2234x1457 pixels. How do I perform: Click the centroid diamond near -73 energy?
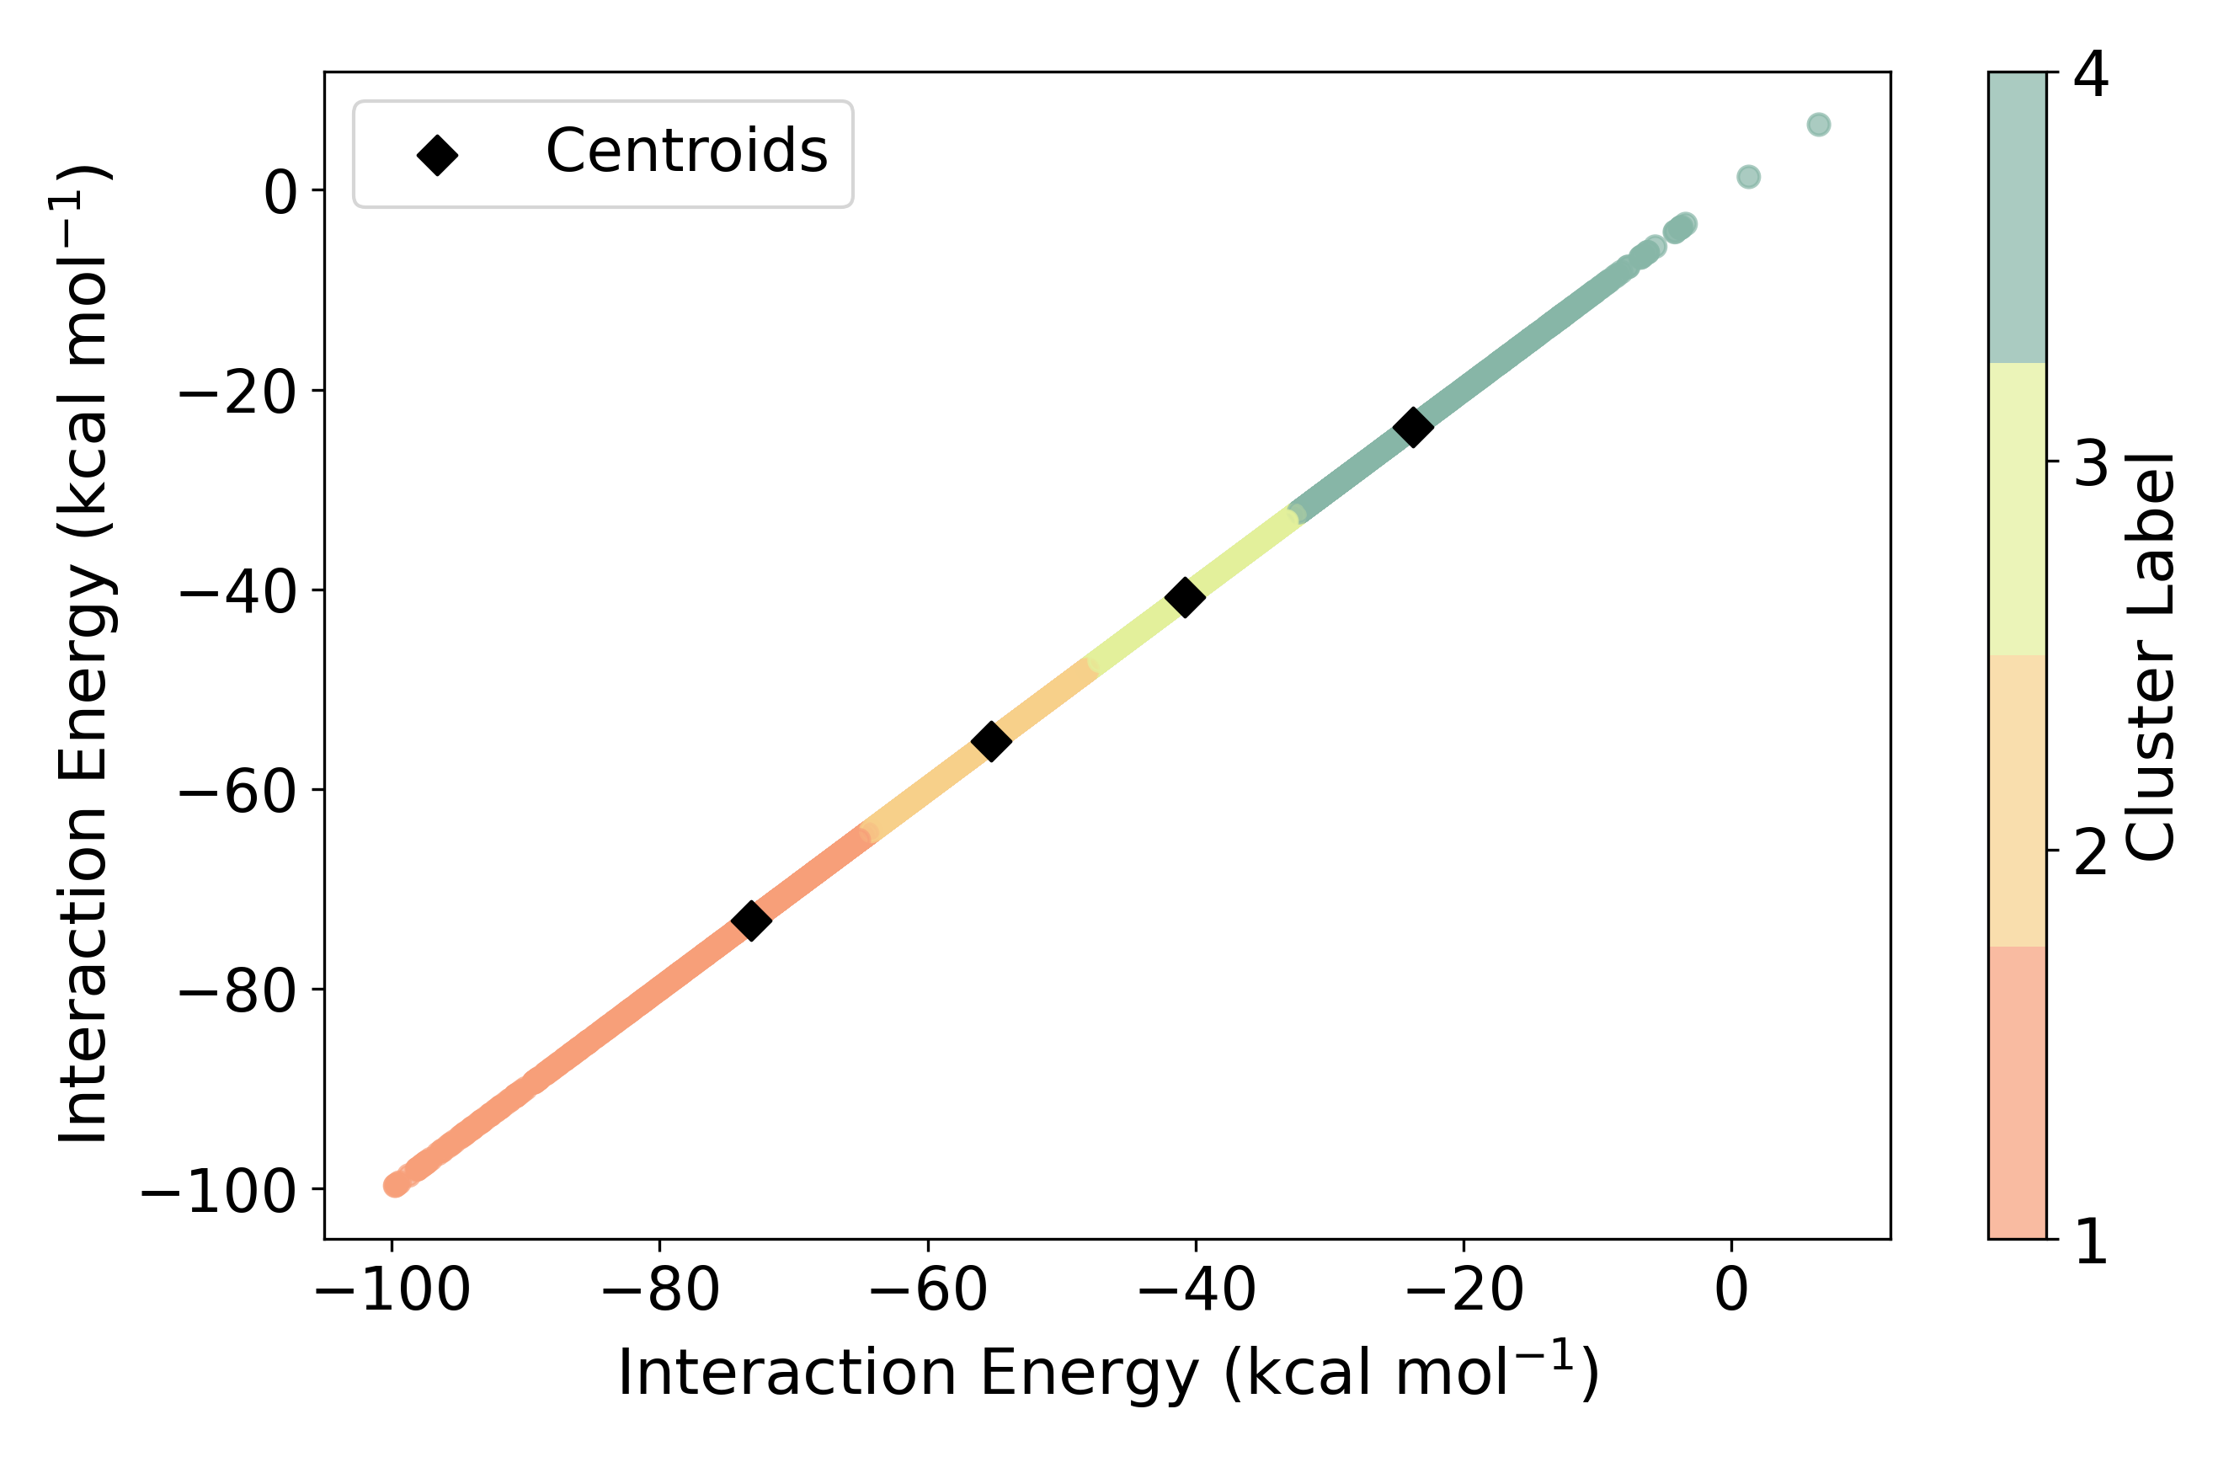751,920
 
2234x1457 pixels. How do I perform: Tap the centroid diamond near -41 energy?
1185,596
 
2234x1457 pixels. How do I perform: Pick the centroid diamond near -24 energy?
1413,426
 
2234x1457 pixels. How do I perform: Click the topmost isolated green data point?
1818,125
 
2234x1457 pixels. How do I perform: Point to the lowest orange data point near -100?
395,1186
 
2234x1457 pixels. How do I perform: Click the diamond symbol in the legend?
437,155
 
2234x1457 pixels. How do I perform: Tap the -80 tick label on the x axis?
660,1290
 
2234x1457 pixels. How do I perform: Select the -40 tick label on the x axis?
1196,1290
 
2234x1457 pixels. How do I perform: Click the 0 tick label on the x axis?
1732,1290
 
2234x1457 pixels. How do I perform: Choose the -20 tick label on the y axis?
237,391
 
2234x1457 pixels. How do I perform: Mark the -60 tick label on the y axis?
237,791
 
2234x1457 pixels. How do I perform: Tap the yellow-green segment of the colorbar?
2018,509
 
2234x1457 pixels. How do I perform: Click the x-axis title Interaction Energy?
1107,1374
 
